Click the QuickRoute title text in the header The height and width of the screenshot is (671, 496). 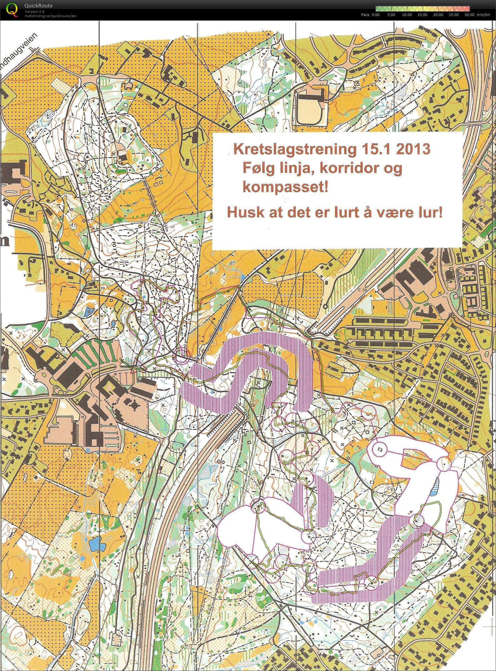tap(38, 6)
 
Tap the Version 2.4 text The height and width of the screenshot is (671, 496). tap(34, 12)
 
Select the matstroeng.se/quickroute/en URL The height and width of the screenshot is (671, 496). tap(50, 16)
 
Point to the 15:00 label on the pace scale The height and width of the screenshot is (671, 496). tap(422, 15)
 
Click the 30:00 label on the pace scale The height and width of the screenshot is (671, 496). tap(469, 15)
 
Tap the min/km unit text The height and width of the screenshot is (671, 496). tap(483, 15)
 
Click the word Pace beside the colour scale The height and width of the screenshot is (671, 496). tap(365, 15)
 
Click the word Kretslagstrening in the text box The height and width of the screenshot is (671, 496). tap(295, 149)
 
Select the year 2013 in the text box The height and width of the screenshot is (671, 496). tap(412, 149)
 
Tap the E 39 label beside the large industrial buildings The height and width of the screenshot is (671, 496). tap(363, 290)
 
